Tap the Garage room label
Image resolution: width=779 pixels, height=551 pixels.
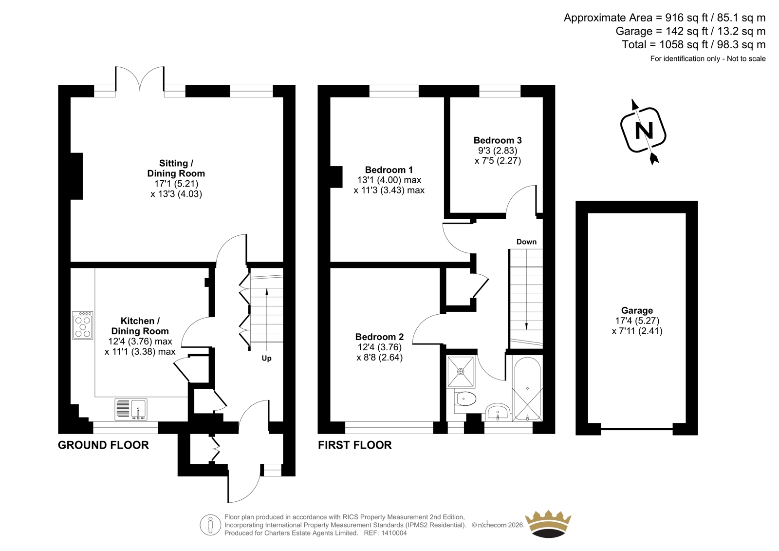tap(637, 310)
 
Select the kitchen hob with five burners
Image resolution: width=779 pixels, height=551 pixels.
tap(83, 325)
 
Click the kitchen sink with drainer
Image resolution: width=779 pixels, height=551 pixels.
tap(131, 409)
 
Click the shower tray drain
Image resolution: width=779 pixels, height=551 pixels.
tap(461, 371)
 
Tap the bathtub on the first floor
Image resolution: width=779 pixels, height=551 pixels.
tap(527, 388)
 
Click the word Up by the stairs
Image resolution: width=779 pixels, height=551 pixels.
tap(266, 358)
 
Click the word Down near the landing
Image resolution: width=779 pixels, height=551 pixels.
tap(526, 242)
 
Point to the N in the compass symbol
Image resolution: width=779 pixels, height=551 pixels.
tap(644, 131)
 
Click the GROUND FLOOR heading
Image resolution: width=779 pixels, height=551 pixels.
tap(103, 445)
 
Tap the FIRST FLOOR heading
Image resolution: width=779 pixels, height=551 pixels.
tap(355, 445)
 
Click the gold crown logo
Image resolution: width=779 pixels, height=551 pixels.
tap(548, 524)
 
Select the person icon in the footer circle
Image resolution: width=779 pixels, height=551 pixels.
tap(210, 525)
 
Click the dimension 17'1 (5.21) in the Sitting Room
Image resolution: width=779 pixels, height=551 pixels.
tap(176, 184)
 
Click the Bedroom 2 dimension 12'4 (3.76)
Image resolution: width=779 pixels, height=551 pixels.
tap(379, 347)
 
